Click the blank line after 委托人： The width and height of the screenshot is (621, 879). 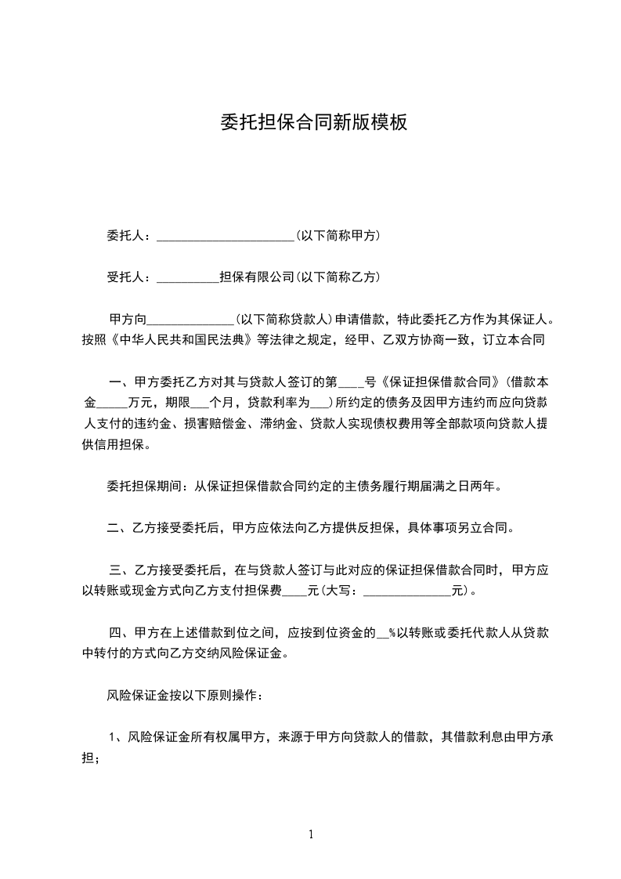click(225, 235)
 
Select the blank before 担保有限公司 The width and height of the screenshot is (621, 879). click(188, 277)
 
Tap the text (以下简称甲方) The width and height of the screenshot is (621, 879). click(337, 235)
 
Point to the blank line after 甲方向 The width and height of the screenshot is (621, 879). click(190, 320)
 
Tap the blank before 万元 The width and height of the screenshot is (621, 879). click(111, 404)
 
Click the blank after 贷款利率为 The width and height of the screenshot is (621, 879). click(320, 404)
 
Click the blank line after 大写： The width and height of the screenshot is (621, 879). click(408, 591)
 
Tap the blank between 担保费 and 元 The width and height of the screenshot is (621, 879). click(294, 591)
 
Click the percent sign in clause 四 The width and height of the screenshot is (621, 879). click(391, 632)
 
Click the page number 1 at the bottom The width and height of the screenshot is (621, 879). click(311, 834)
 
